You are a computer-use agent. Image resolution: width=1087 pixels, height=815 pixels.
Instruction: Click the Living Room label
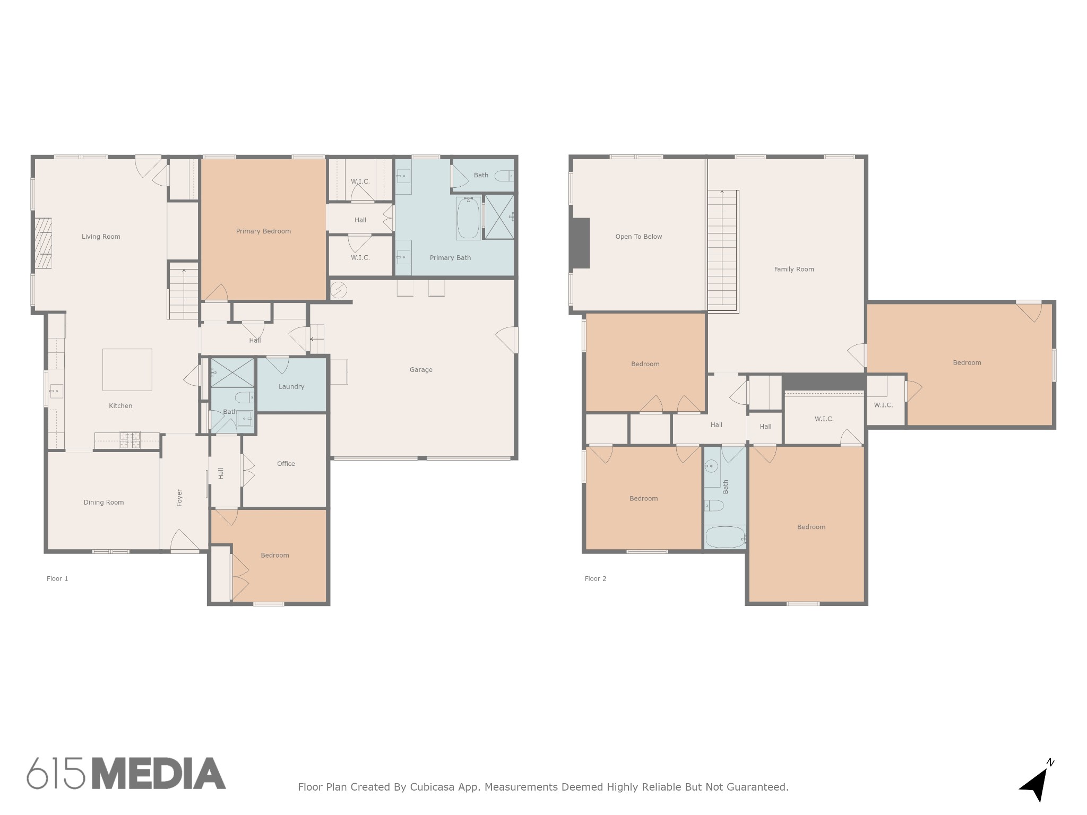click(x=101, y=237)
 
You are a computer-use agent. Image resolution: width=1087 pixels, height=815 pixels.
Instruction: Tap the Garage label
click(x=421, y=370)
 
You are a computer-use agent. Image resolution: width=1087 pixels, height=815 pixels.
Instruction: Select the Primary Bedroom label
click(x=263, y=231)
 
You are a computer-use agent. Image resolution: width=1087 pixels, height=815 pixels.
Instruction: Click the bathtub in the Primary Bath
click(x=468, y=218)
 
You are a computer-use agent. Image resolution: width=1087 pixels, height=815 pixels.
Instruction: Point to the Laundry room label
click(x=291, y=387)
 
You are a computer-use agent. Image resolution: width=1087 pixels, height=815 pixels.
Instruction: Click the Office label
click(x=286, y=464)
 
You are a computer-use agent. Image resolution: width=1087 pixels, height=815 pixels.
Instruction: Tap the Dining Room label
click(x=103, y=502)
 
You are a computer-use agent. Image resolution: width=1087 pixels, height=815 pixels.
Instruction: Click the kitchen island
click(x=127, y=370)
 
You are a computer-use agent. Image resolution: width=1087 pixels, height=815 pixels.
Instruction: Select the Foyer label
click(x=179, y=498)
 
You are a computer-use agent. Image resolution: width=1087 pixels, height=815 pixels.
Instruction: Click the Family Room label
click(x=794, y=270)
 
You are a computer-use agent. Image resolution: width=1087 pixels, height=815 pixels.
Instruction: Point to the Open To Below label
click(x=639, y=237)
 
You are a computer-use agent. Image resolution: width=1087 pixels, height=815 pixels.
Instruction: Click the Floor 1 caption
click(x=57, y=579)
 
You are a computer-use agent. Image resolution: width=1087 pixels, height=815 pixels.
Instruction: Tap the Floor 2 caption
click(x=596, y=579)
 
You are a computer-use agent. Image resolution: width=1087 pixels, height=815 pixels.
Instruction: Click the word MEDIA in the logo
click(x=159, y=774)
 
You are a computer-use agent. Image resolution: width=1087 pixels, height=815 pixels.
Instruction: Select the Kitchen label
click(x=120, y=406)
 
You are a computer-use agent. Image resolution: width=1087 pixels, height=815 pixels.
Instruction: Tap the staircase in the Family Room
click(x=723, y=250)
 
